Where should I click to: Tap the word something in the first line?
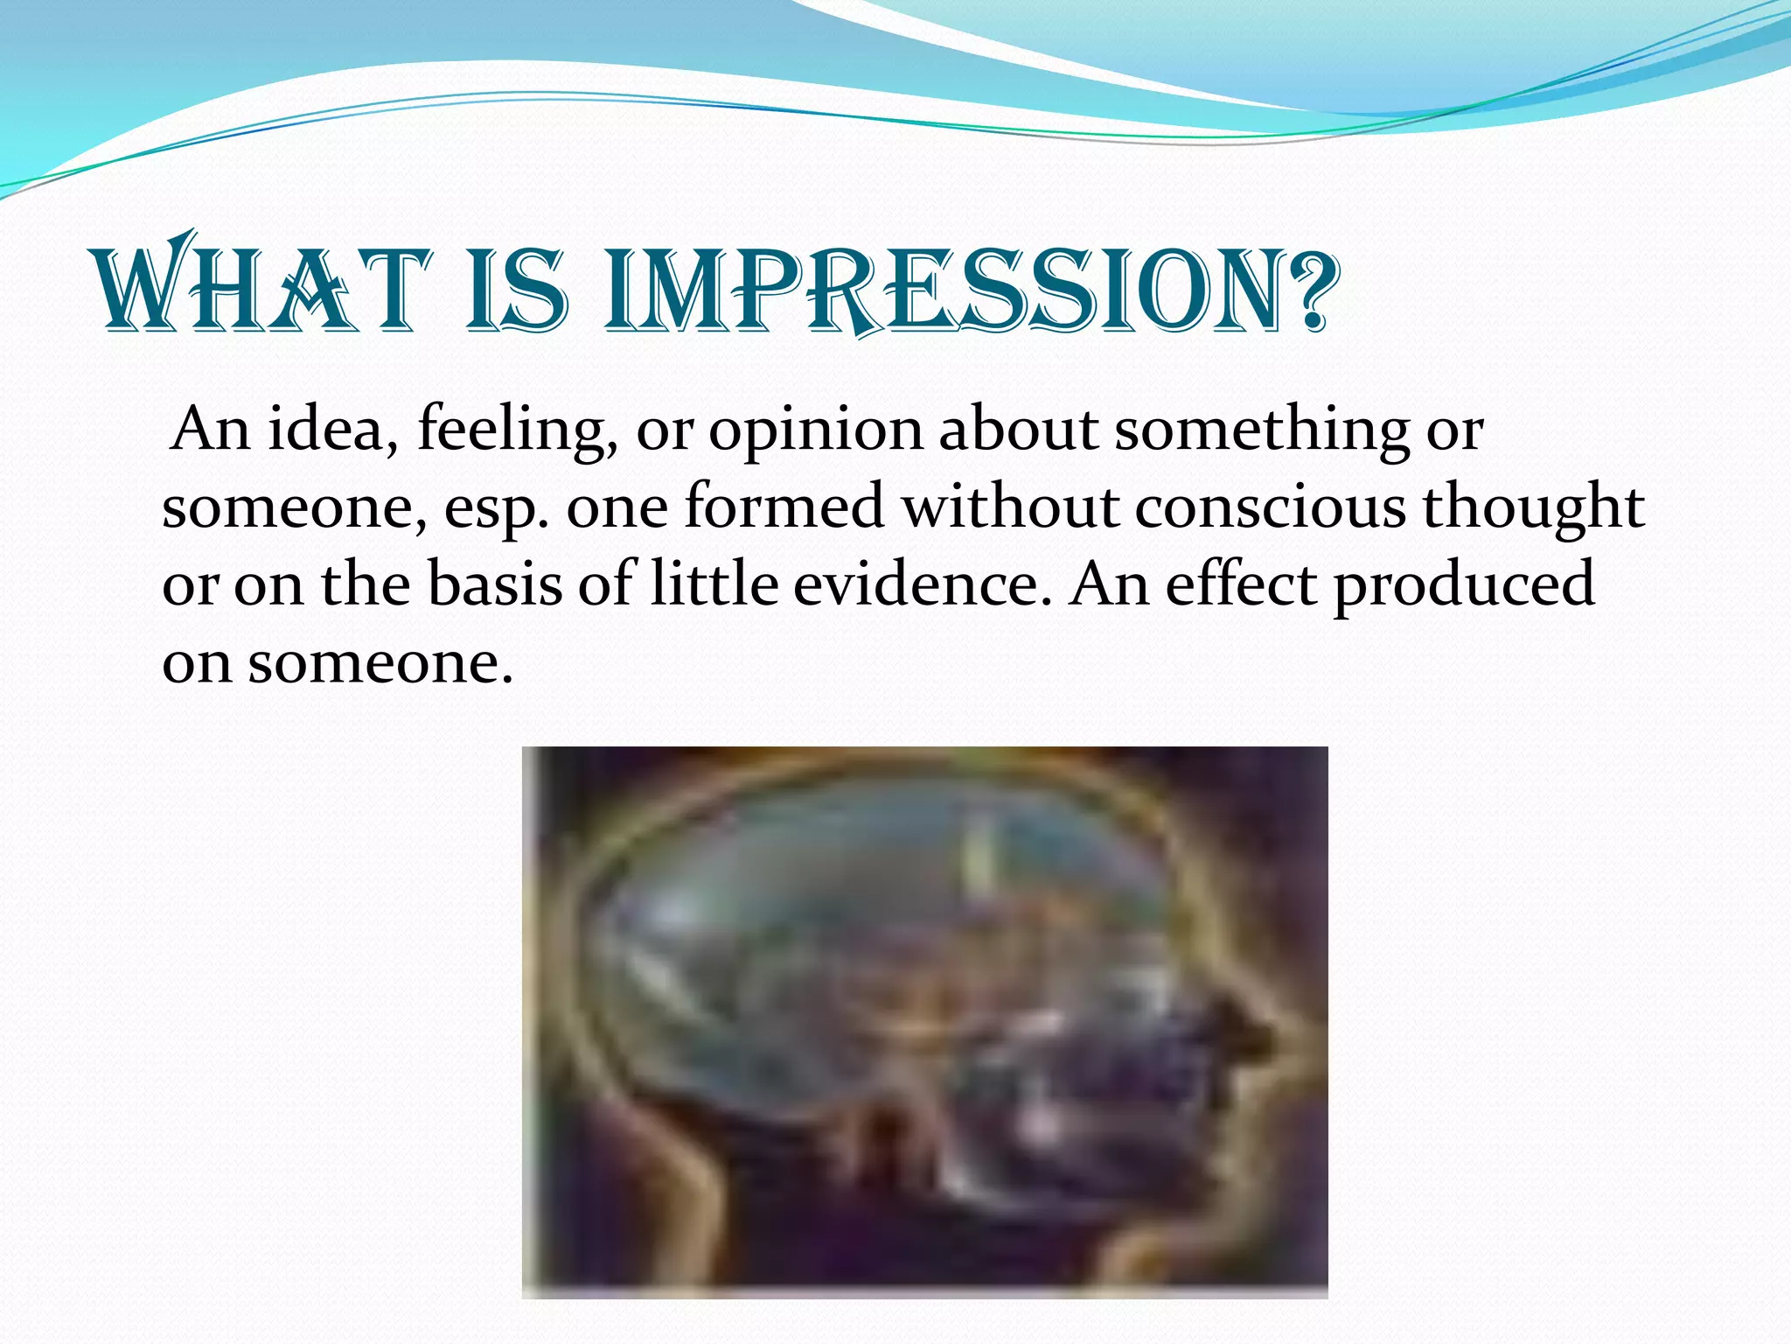pyautogui.click(x=1261, y=431)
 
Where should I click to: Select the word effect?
pyautogui.click(x=1240, y=584)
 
